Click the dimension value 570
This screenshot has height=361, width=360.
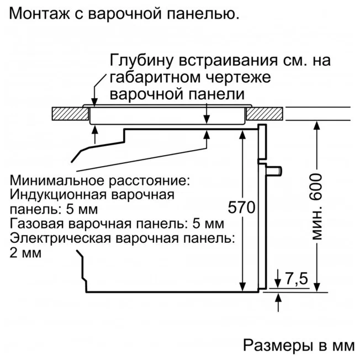coord(242,207)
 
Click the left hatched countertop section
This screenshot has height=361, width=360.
coord(70,114)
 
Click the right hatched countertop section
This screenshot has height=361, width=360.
coord(264,114)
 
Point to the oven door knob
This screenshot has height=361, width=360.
coord(274,171)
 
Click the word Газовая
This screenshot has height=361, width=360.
coord(36,224)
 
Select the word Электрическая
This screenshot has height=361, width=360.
coord(60,238)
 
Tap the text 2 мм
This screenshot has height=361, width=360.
coord(25,253)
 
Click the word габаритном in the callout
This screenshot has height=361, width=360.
coord(155,77)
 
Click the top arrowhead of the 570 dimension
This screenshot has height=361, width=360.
coord(242,134)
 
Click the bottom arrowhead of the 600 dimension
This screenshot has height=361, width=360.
coord(317,287)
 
